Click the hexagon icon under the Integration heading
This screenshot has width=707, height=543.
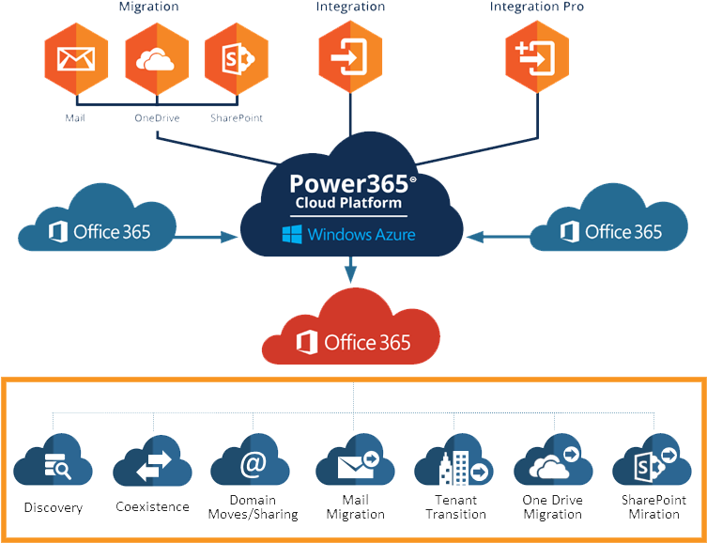[349, 58]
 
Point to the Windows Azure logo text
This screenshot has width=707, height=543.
[348, 233]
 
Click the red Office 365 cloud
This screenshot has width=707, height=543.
[353, 334]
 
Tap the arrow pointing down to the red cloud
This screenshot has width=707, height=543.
[351, 272]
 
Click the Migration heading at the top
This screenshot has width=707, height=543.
[148, 8]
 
